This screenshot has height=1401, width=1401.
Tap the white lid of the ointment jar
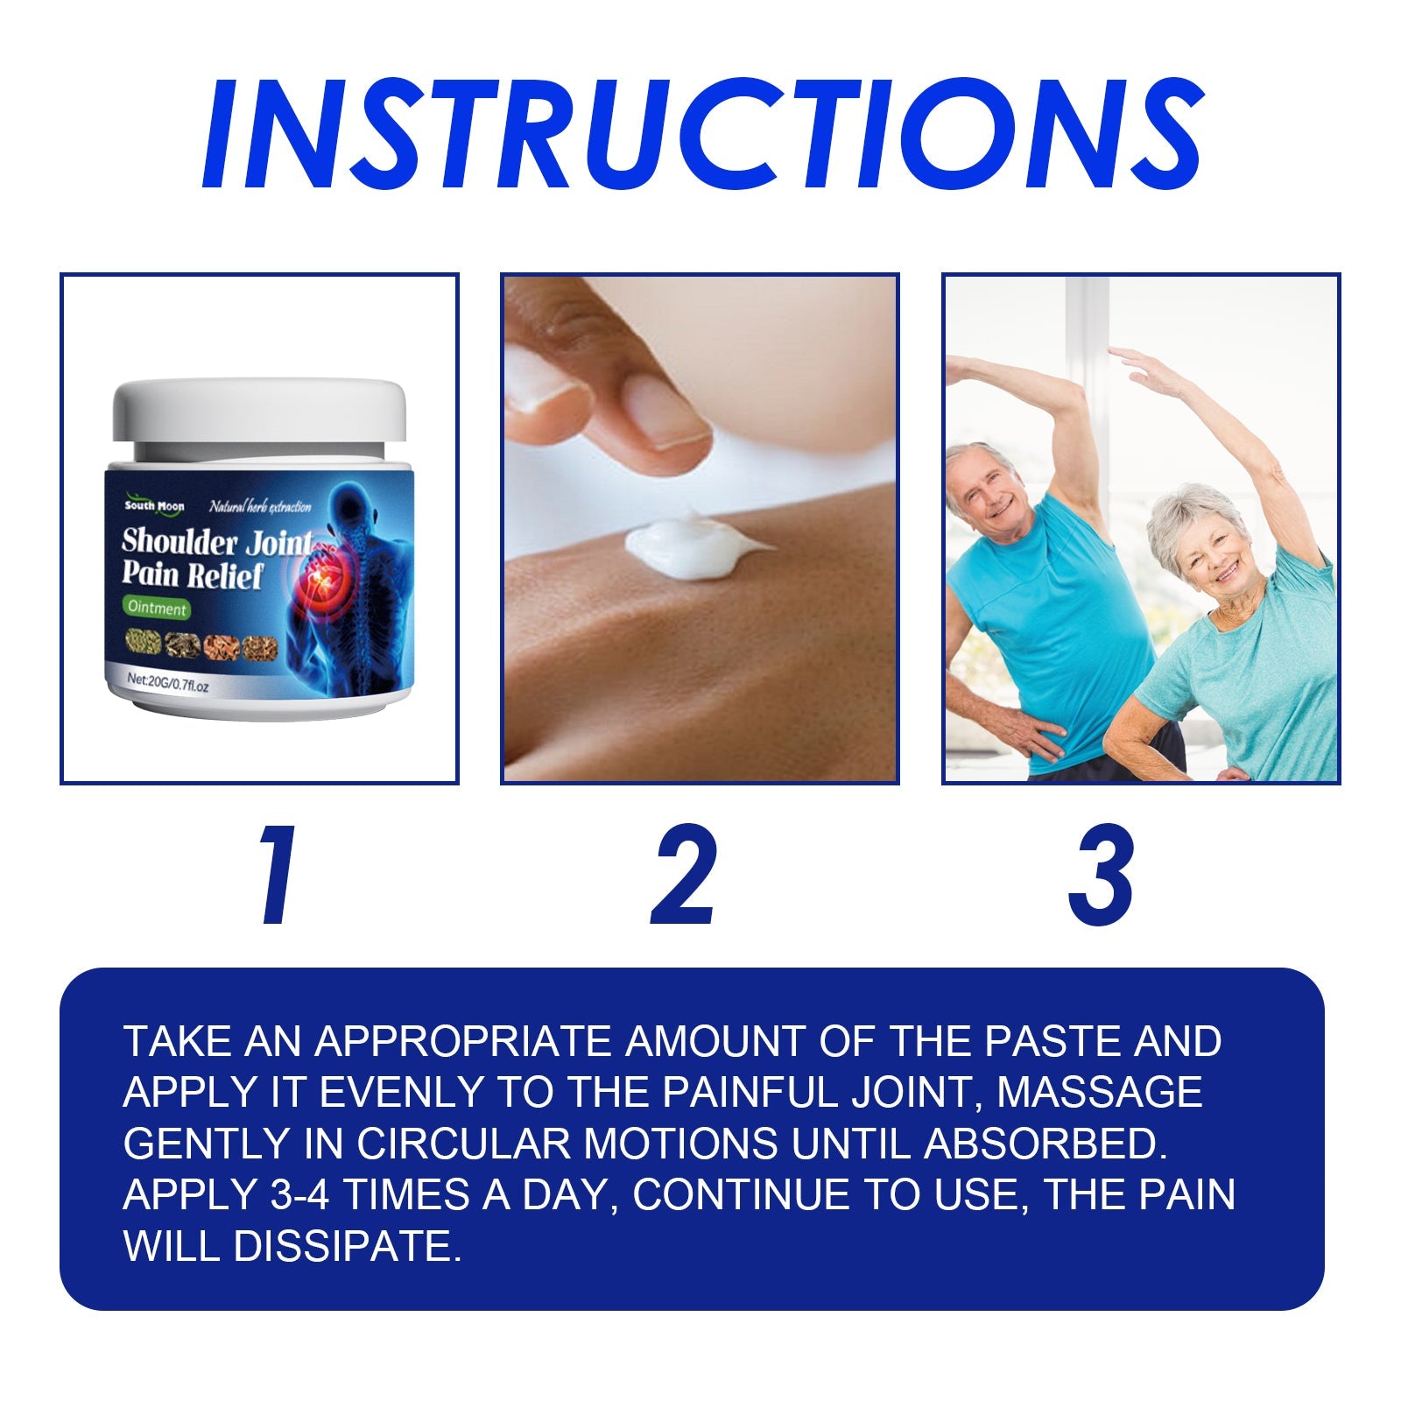tap(260, 409)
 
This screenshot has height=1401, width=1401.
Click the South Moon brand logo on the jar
tap(154, 506)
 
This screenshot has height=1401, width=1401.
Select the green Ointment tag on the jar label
tap(157, 608)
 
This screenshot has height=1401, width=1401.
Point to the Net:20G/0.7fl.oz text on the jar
tap(168, 680)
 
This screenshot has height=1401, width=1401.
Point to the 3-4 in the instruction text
tap(299, 1195)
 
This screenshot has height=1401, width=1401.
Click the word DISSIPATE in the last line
tap(347, 1246)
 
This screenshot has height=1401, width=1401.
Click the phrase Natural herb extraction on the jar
tap(260, 507)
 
